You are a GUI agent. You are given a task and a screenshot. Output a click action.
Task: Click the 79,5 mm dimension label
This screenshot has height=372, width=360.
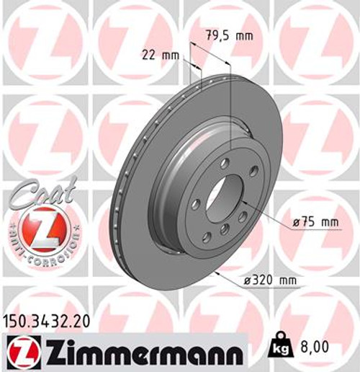[x=220, y=33]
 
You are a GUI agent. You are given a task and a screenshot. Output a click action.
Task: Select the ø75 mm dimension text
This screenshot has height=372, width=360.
[x=316, y=223]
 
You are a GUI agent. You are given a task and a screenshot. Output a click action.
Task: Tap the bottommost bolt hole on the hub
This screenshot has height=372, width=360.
[x=225, y=229]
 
